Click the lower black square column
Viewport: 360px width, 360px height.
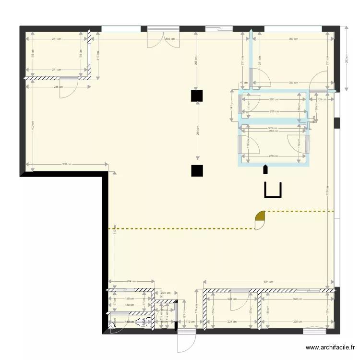(196, 170)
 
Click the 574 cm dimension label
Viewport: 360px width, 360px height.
(268, 282)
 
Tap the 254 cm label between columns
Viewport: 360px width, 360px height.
(197, 132)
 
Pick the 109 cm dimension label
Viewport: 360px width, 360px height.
(322, 99)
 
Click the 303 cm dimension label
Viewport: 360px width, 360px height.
(273, 128)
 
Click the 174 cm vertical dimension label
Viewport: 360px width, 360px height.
(196, 308)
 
